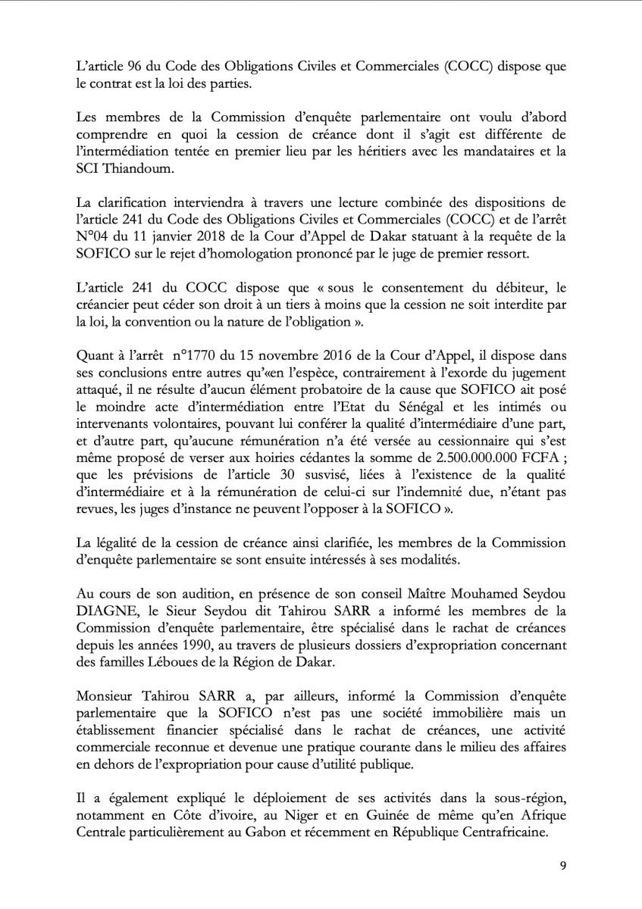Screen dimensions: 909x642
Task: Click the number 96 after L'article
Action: tap(127, 67)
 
